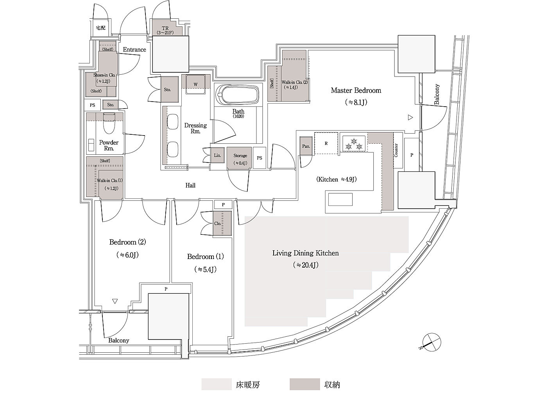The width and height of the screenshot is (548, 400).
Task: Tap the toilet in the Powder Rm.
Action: coord(109,123)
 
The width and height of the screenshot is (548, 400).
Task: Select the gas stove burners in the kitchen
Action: coord(354,143)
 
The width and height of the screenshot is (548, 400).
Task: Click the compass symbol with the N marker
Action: coord(431,342)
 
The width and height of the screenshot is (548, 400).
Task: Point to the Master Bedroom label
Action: coord(356,91)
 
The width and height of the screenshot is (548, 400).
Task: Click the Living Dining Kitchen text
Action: coord(306,253)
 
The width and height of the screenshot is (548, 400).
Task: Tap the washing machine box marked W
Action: coord(195,84)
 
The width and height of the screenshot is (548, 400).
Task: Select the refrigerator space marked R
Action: coord(326,143)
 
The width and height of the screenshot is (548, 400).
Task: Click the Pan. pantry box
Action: coord(306,146)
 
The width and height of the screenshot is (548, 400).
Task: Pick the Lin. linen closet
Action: coord(217,155)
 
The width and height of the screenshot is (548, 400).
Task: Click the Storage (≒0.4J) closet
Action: coord(239,158)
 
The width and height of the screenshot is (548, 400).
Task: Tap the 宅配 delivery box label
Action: coord(100,28)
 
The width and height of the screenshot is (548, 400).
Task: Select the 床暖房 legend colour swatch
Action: coord(217,384)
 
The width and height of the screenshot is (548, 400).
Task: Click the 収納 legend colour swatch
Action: coord(304,384)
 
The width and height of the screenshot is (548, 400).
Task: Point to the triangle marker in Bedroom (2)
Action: coord(115,301)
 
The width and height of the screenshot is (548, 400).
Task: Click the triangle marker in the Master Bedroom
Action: coord(410,118)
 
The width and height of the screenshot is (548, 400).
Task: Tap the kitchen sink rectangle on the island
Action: coord(340,200)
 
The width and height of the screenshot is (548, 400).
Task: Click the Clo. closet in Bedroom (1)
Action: coord(222,223)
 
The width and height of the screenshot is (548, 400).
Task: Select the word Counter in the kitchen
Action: coord(396,150)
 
